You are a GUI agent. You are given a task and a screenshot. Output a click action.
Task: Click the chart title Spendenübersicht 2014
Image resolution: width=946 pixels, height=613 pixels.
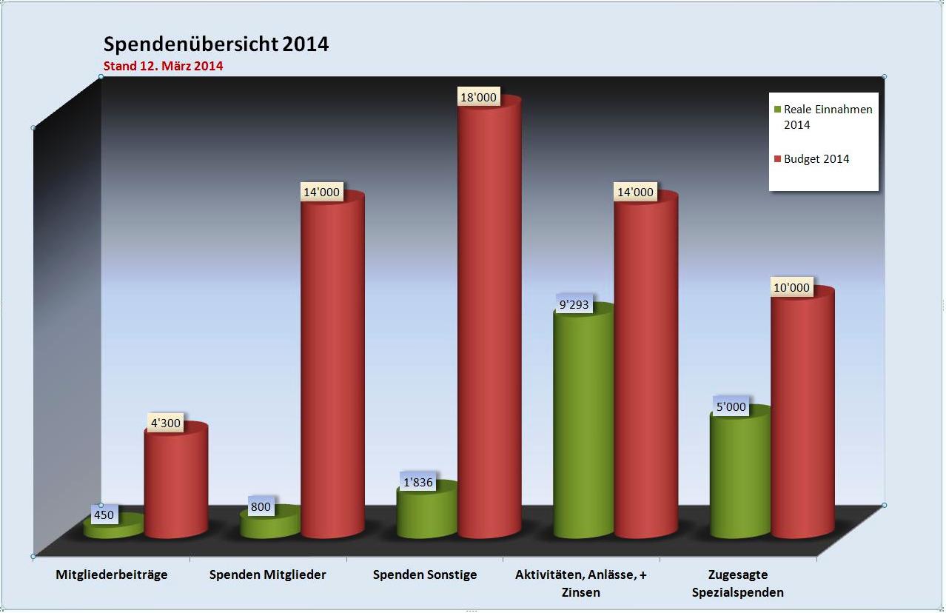click(x=215, y=44)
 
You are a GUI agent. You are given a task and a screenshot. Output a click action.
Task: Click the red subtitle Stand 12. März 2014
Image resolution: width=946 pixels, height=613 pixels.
click(x=163, y=66)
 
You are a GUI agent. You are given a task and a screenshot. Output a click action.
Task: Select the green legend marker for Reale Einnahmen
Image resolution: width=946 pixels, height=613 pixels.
click(x=777, y=110)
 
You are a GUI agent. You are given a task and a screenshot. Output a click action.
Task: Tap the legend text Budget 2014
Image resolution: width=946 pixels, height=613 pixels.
click(x=816, y=159)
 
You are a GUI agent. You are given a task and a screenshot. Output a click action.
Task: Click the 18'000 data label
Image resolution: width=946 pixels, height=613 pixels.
click(x=478, y=97)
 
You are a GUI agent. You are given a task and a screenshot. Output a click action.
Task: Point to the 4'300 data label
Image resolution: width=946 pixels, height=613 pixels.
click(x=165, y=423)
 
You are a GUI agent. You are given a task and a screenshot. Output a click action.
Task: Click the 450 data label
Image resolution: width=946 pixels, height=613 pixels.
click(x=104, y=515)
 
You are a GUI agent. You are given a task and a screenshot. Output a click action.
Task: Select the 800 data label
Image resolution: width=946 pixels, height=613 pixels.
click(x=261, y=507)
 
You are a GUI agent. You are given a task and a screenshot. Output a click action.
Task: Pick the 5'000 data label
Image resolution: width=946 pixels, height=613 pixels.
click(x=730, y=407)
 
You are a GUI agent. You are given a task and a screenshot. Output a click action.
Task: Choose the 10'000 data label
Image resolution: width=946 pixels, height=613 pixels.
click(x=791, y=287)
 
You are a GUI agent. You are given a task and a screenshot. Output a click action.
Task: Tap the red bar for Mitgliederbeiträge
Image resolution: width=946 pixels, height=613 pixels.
click(x=176, y=485)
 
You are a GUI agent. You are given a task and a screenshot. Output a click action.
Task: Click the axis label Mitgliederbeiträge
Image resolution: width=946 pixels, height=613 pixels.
click(x=112, y=575)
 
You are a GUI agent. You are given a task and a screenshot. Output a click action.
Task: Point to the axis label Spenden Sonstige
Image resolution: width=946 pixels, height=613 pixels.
click(x=425, y=575)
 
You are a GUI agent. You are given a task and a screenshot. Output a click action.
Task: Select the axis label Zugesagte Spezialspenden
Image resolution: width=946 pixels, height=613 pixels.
click(x=737, y=583)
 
